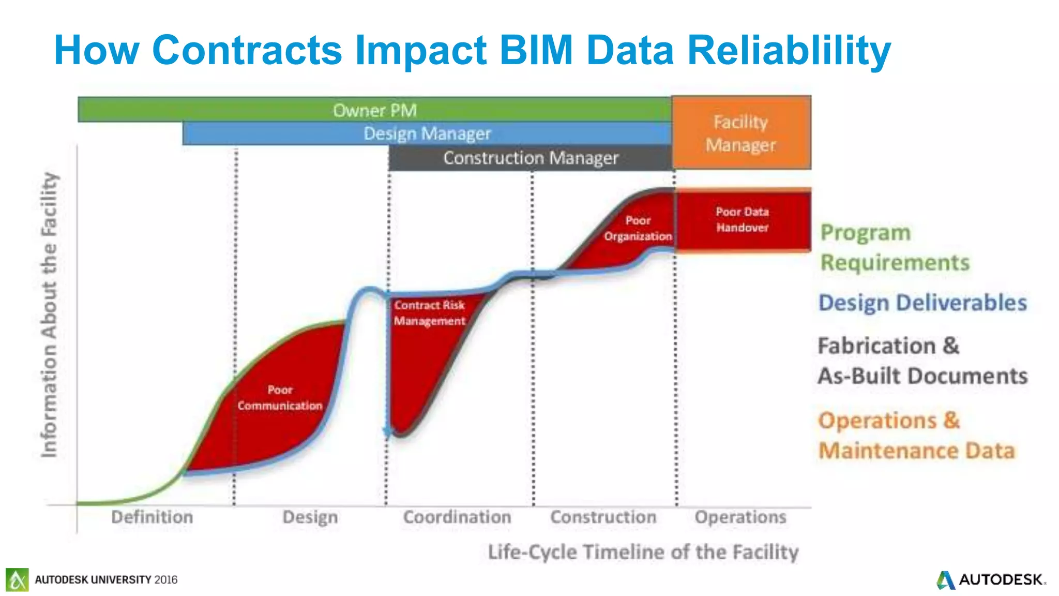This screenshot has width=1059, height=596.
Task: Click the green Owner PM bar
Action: point(374,110)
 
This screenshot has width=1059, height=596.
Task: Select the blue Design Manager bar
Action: point(427,133)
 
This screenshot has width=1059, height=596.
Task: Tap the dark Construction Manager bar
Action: point(531,158)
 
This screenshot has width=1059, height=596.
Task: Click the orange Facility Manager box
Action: point(741,133)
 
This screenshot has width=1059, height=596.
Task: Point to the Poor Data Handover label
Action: point(742,219)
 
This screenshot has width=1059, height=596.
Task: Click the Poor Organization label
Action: point(638,228)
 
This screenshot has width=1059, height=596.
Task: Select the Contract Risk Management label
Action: point(429,313)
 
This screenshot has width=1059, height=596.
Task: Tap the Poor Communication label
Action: point(280,398)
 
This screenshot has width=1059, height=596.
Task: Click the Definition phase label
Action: point(152,517)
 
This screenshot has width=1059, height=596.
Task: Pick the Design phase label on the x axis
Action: point(310,517)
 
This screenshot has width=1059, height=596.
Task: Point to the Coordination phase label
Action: point(457,517)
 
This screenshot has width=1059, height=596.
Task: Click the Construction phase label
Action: point(603,517)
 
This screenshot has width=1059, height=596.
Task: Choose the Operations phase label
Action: point(740,517)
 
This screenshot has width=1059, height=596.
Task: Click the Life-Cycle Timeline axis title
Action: point(643,552)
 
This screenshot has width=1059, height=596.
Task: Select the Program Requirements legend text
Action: point(895,247)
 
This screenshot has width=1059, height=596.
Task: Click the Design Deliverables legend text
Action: point(922,303)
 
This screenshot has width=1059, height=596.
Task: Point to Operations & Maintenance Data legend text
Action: point(916,435)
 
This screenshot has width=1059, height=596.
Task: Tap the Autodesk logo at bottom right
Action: point(990,579)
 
